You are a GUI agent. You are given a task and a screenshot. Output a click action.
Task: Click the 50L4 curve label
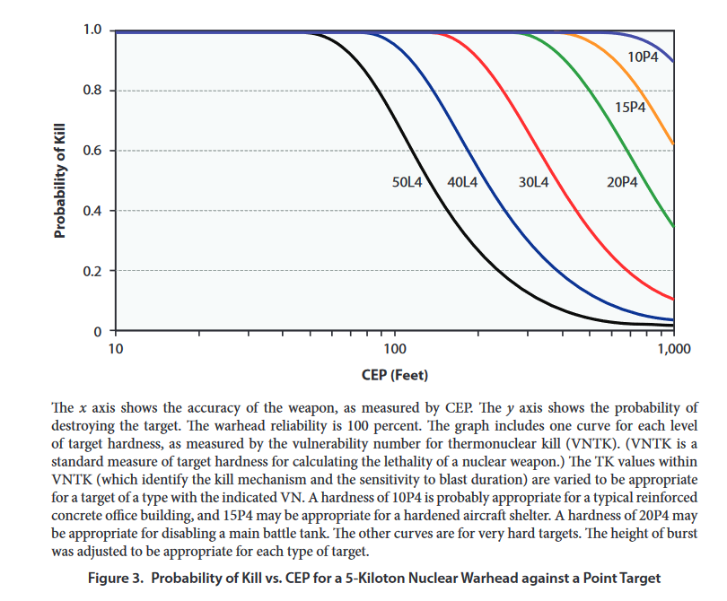[407, 182]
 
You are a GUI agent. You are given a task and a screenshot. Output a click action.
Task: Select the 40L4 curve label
[462, 182]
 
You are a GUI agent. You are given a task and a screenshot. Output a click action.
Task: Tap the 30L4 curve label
[533, 182]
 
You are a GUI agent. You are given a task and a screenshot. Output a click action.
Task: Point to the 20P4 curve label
[621, 182]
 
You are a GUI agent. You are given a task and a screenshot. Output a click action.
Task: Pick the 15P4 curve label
[630, 108]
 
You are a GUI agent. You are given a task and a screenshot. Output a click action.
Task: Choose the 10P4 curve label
[642, 57]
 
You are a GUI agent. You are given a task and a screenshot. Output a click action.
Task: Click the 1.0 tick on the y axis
[92, 30]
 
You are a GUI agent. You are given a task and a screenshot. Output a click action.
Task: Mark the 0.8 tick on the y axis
[92, 91]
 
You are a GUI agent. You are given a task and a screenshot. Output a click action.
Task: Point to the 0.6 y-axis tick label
[92, 151]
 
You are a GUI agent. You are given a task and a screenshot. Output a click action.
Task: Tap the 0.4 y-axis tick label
[92, 211]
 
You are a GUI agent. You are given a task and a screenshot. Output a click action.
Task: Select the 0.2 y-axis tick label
[92, 271]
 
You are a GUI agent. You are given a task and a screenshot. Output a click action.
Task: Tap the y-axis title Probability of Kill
[60, 180]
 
